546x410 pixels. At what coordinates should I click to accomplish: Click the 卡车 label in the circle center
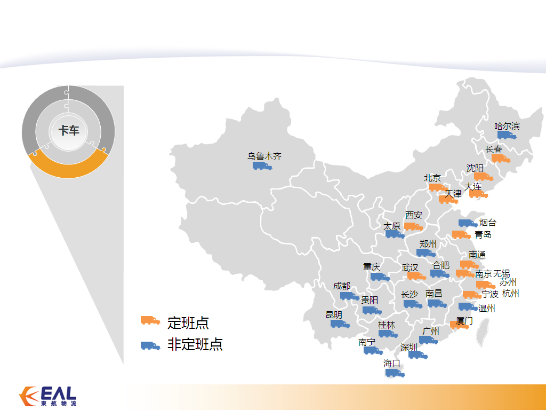coord(69,130)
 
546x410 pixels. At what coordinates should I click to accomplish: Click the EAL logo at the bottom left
coord(47,397)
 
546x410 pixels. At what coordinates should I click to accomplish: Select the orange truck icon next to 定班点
coord(150,320)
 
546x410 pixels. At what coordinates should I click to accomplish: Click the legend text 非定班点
coord(195,344)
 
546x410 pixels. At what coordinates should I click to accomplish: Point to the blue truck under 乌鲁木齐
coord(262,166)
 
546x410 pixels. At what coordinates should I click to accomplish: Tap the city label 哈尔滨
coord(507,126)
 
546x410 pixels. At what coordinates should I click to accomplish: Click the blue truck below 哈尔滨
coord(507,135)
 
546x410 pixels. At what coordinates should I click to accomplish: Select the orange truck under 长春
coord(501,159)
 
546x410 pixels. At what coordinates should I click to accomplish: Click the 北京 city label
coord(432,178)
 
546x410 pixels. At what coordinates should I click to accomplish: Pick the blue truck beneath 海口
coord(395,373)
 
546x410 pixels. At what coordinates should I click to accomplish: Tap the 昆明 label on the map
coord(334,315)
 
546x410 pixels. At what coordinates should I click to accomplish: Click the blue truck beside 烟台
coord(468,223)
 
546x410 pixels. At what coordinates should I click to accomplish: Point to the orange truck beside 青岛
coord(461,235)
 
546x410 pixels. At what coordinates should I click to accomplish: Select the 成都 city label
coord(342,286)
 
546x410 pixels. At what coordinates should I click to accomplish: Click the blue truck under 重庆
coord(380,277)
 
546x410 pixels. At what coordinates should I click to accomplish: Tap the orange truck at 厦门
coord(459,325)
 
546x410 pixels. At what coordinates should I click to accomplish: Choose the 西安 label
coord(414,215)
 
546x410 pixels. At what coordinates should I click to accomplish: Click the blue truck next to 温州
coord(468,307)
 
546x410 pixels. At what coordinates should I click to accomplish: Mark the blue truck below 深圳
coord(418,355)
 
